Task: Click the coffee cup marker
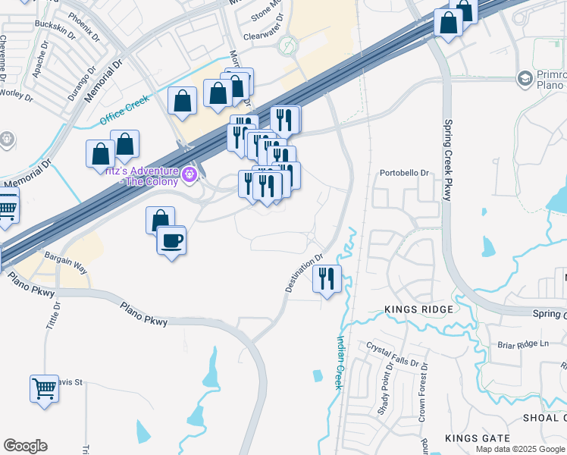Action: pyautogui.click(x=171, y=241)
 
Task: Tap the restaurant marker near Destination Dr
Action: pyautogui.click(x=327, y=279)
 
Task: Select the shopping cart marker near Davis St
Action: pyautogui.click(x=44, y=389)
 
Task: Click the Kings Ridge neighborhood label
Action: pyautogui.click(x=418, y=309)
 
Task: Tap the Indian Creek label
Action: pyautogui.click(x=340, y=363)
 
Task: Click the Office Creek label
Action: pyautogui.click(x=125, y=111)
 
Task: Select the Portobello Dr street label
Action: pyautogui.click(x=404, y=173)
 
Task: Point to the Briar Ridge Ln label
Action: pyautogui.click(x=523, y=344)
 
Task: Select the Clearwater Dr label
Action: pyautogui.click(x=263, y=36)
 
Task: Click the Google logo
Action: pyautogui.click(x=25, y=446)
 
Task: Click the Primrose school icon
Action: pyautogui.click(x=525, y=78)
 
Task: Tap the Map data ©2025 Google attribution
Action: pyautogui.click(x=520, y=449)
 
